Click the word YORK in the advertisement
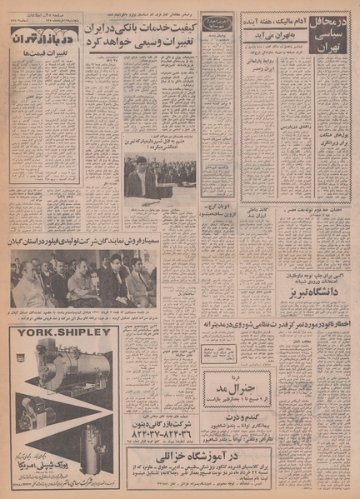pos(34,339)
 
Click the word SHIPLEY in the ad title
pos(82,339)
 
